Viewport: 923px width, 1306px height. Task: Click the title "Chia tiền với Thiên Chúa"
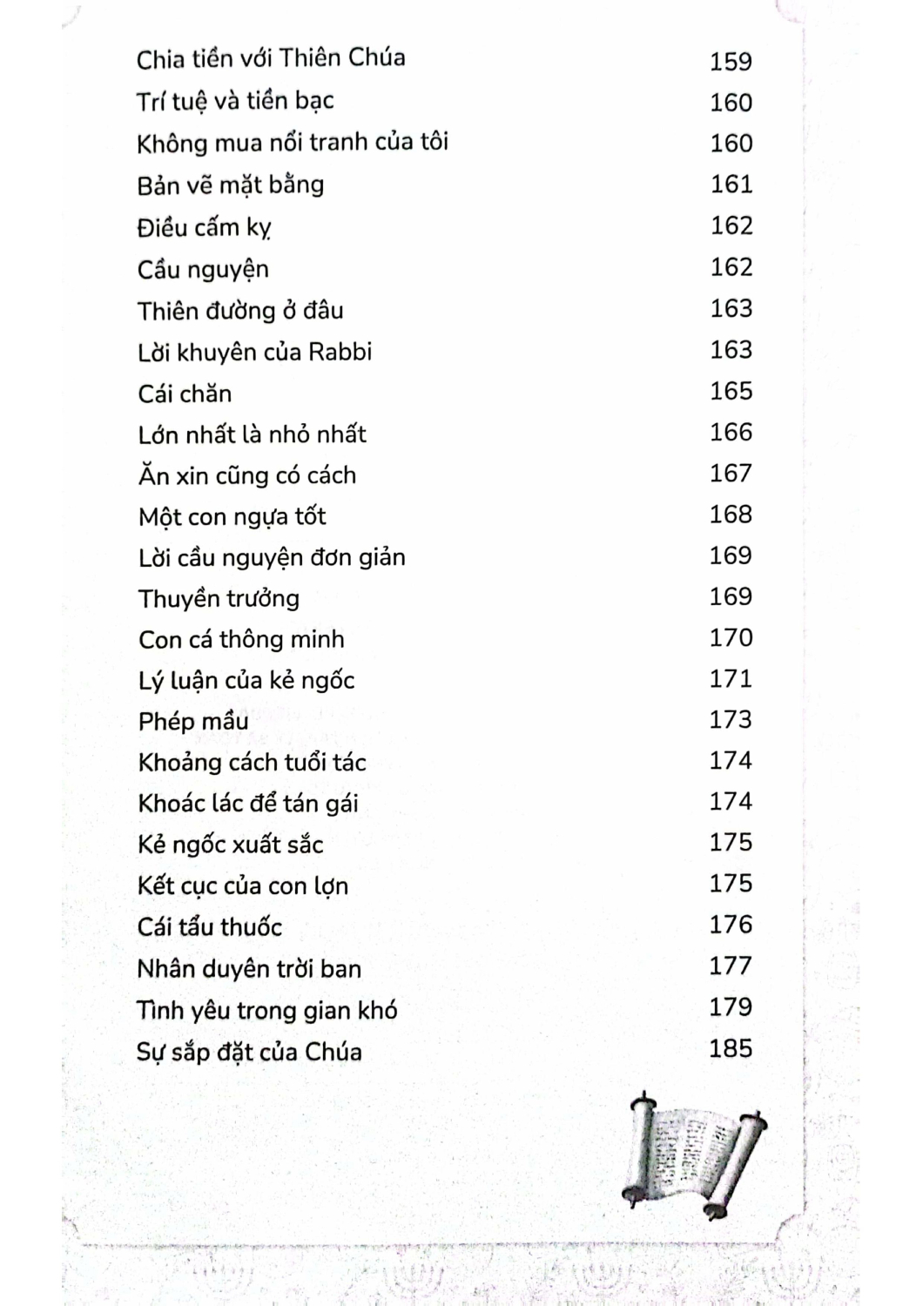(x=271, y=59)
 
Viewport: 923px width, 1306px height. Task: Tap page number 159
(x=731, y=62)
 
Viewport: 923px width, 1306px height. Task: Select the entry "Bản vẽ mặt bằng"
(x=231, y=185)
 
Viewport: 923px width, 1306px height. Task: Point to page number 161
(x=731, y=185)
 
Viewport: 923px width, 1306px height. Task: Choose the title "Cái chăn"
(x=185, y=394)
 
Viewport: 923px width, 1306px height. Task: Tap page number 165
(x=731, y=391)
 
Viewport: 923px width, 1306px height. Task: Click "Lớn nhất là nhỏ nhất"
(x=252, y=434)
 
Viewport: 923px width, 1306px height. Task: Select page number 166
(x=731, y=432)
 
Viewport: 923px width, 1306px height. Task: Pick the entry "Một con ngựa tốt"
(x=232, y=517)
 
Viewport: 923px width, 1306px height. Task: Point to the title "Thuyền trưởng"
(x=219, y=599)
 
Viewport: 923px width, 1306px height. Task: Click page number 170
(x=731, y=637)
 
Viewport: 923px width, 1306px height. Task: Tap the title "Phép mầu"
(x=193, y=722)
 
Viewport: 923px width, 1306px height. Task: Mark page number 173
(x=731, y=719)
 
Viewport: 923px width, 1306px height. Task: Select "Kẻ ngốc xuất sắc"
(x=231, y=845)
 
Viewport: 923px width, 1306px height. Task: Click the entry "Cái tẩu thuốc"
(x=210, y=927)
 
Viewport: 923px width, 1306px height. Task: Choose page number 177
(x=731, y=966)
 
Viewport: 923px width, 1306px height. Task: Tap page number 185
(x=731, y=1048)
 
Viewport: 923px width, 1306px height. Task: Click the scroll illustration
(x=695, y=1154)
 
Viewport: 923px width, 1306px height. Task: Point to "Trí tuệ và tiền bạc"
(x=235, y=102)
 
